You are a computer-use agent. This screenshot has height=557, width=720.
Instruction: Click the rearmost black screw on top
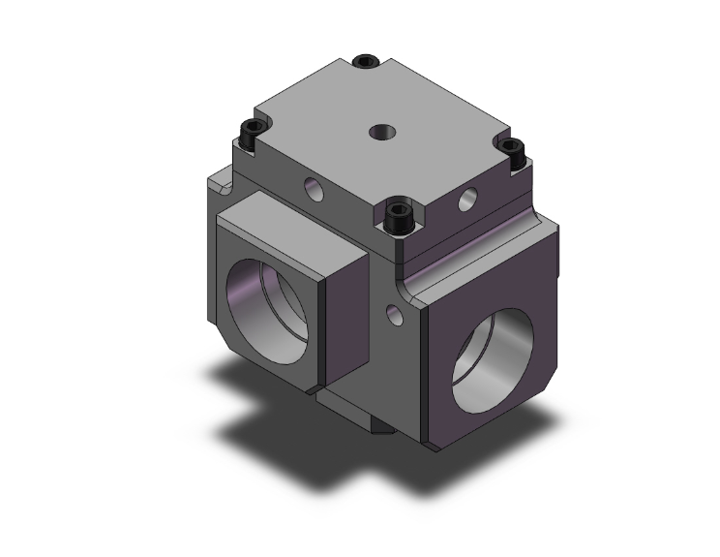click(365, 63)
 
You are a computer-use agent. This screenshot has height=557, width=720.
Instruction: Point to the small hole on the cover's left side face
click(314, 189)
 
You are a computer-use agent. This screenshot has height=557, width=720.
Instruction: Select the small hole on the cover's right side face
click(468, 201)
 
